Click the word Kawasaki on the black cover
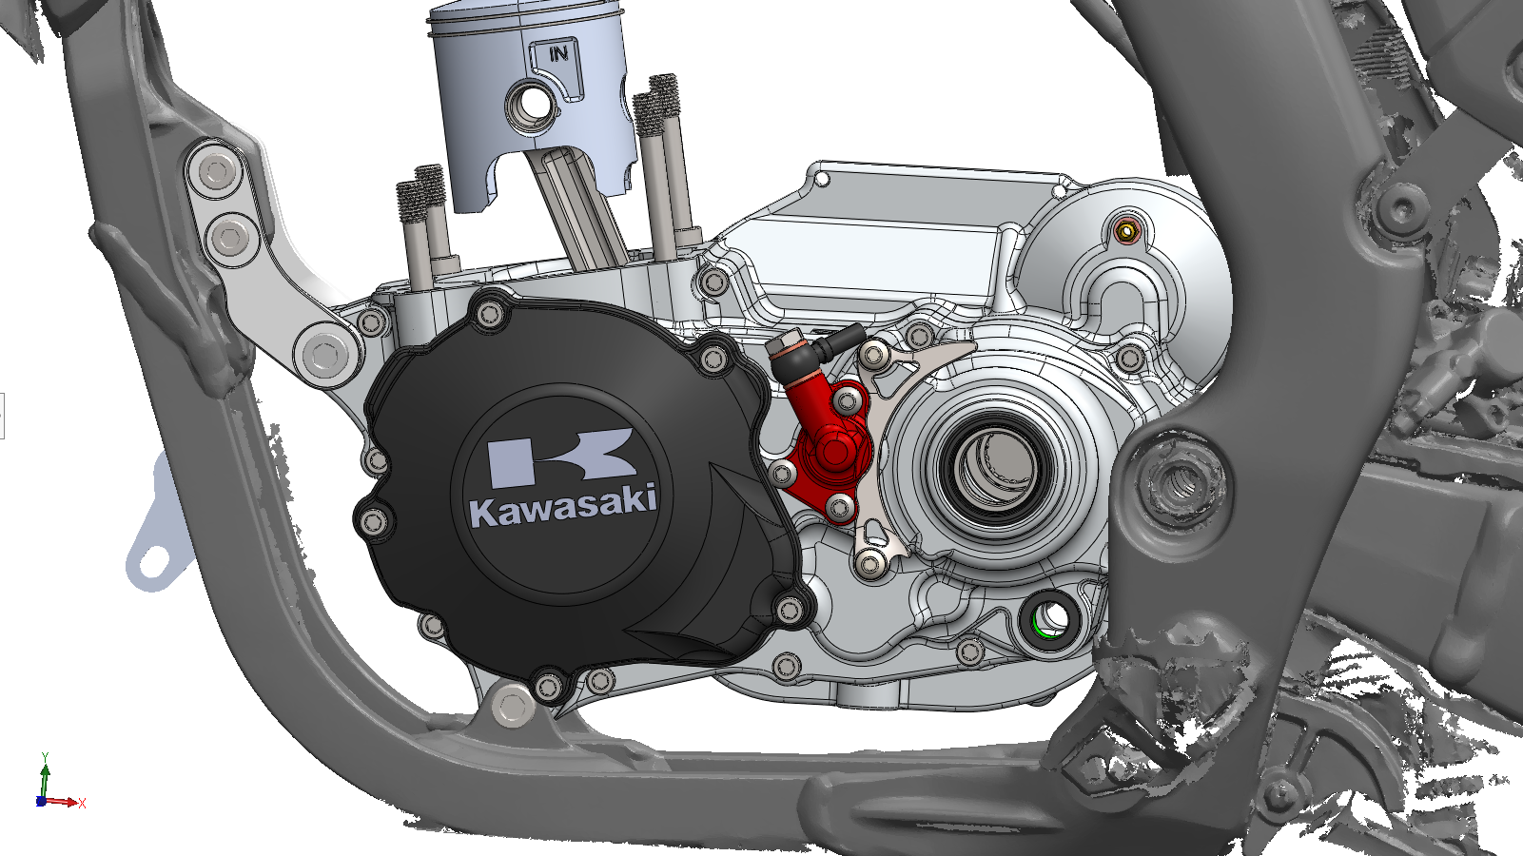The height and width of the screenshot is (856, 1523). pos(564,505)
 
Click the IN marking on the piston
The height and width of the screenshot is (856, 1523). pos(558,53)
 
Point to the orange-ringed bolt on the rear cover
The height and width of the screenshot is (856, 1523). pos(1126,232)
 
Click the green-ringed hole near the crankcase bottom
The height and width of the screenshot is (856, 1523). pos(1049,617)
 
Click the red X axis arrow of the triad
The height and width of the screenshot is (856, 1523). pos(63,803)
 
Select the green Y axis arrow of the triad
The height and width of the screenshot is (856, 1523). pos(45,779)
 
